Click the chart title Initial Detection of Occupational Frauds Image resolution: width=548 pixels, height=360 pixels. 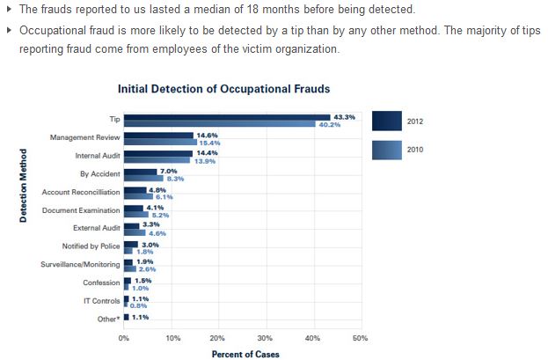tap(224, 90)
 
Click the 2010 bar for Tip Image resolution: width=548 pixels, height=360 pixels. tap(219, 124)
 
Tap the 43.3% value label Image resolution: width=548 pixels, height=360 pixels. tap(344, 116)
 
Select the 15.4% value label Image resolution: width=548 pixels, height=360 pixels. tap(209, 143)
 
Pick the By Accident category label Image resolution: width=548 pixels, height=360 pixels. tap(99, 174)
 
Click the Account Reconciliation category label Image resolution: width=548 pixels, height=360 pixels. tap(80, 192)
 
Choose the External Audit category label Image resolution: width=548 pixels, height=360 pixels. tap(97, 228)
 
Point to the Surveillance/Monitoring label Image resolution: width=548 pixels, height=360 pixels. tap(81, 264)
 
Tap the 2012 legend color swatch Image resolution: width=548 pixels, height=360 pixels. tap(387, 121)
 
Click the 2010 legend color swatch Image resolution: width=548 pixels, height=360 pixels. tap(387, 151)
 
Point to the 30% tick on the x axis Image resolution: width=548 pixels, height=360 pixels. tap(265, 337)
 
